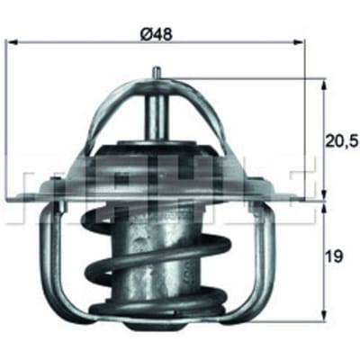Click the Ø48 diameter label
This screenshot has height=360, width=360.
[157, 34]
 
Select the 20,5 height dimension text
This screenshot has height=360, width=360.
[343, 141]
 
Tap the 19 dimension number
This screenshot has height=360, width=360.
[334, 256]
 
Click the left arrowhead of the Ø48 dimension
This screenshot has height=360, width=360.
[12, 42]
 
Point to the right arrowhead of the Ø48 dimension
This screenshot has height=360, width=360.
[298, 42]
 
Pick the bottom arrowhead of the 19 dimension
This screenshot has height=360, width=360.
[323, 316]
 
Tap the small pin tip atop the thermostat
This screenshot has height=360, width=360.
[157, 72]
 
